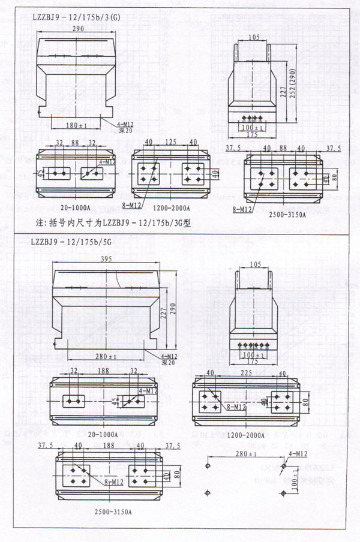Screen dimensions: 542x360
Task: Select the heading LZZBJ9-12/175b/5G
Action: click(x=73, y=245)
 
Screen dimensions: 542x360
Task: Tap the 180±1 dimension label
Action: click(x=77, y=125)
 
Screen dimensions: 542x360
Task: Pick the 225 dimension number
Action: click(x=247, y=373)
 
